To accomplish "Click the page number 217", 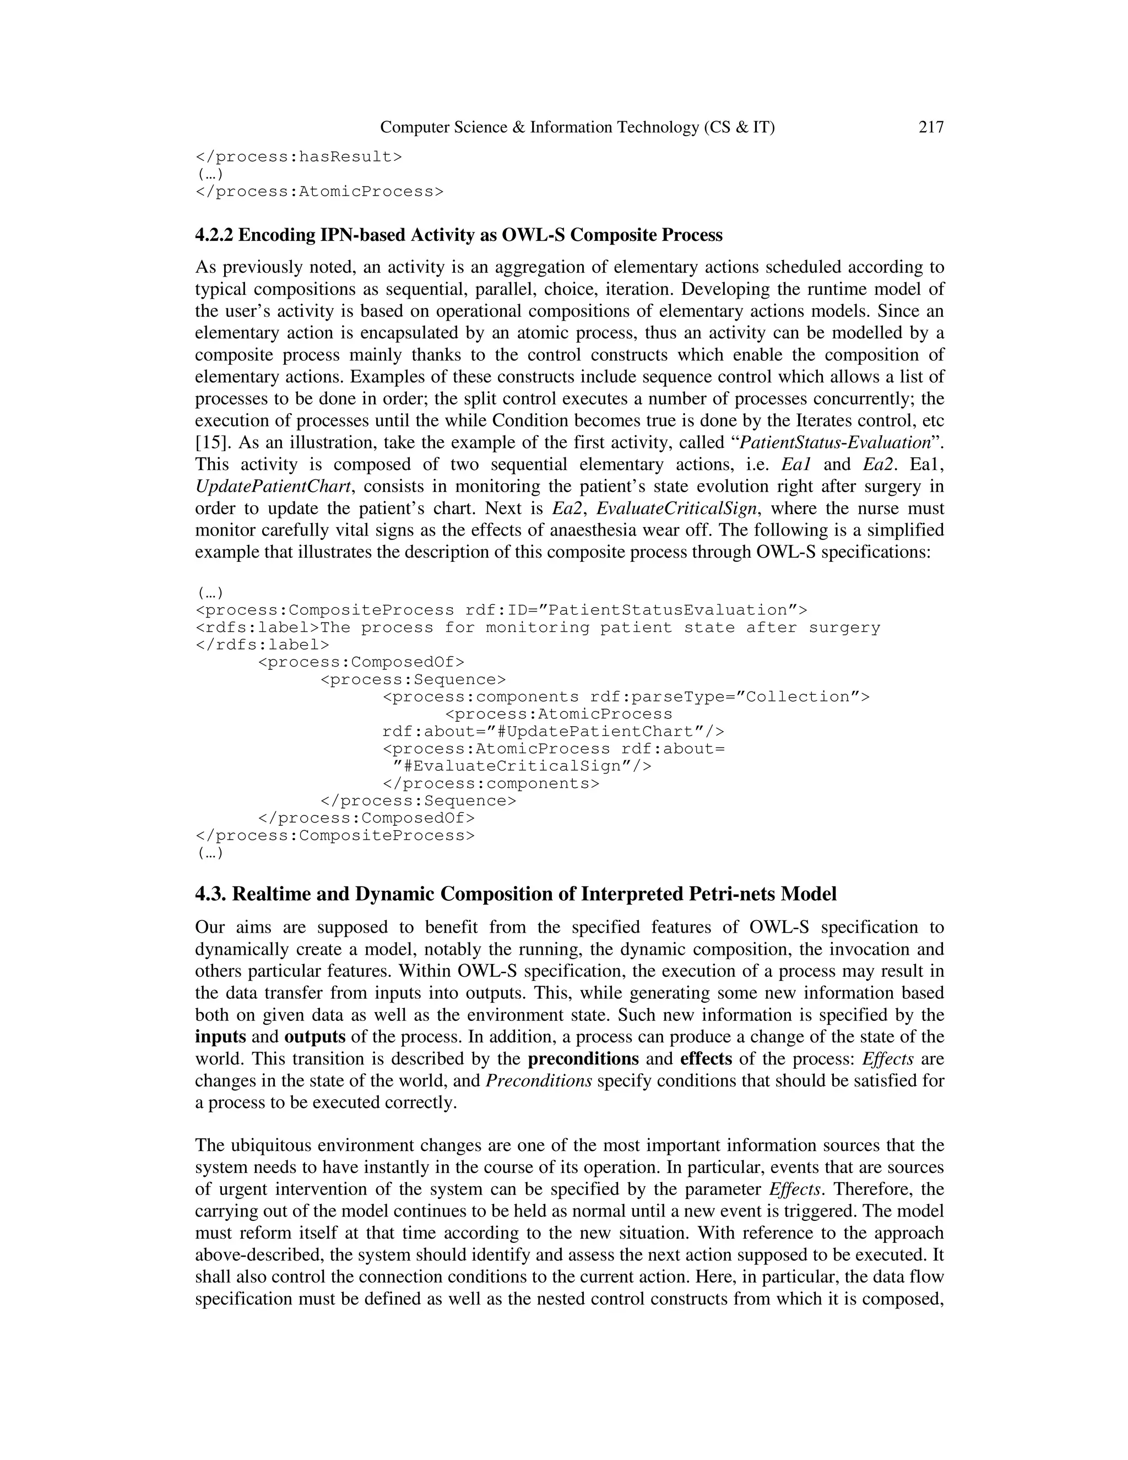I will tap(931, 127).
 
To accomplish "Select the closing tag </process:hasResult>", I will tap(299, 157).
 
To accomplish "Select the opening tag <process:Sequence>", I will tap(413, 680).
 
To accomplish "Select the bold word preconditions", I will tap(583, 1059).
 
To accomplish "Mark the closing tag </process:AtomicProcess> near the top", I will tap(319, 192).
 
